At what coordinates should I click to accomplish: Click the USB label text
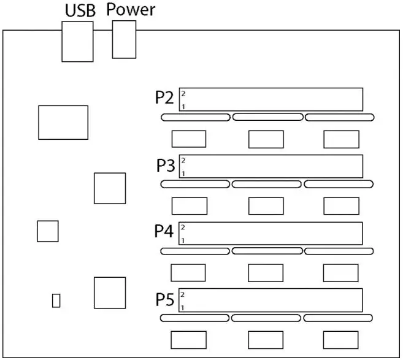(x=80, y=10)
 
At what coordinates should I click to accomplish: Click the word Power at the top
(x=131, y=10)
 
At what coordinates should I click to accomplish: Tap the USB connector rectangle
(x=78, y=41)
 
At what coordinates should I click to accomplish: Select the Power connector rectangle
(x=124, y=39)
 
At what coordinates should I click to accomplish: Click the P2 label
(x=165, y=99)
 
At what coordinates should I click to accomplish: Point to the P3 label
(x=166, y=166)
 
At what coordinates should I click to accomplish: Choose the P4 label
(x=164, y=232)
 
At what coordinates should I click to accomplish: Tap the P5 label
(x=165, y=300)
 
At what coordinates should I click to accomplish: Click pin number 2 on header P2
(x=183, y=94)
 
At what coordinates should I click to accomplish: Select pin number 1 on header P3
(x=183, y=174)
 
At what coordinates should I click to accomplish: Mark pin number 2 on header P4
(x=183, y=228)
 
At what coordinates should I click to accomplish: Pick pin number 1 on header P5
(x=183, y=307)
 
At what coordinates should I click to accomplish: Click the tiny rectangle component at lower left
(x=56, y=300)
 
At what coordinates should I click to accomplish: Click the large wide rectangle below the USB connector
(x=63, y=122)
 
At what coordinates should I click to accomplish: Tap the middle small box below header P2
(x=266, y=139)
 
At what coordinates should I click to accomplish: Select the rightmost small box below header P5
(x=341, y=339)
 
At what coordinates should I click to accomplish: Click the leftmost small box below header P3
(x=189, y=206)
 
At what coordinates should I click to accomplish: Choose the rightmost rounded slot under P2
(x=339, y=117)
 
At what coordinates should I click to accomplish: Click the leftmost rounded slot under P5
(x=194, y=318)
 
